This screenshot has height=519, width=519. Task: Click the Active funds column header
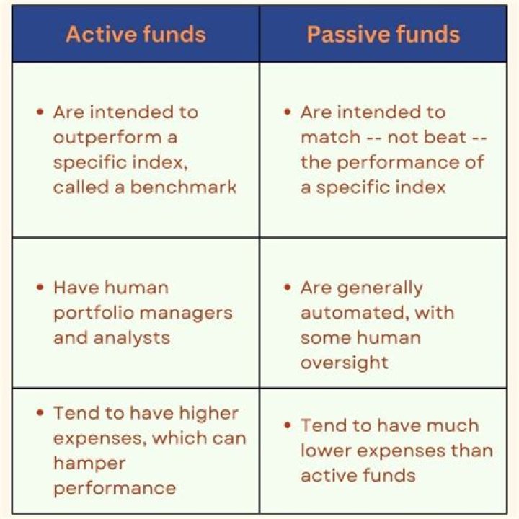pyautogui.click(x=136, y=34)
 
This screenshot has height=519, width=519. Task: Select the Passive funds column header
pyautogui.click(x=383, y=34)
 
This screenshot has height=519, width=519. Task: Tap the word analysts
pyautogui.click(x=136, y=337)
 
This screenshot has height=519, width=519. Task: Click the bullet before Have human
pyautogui.click(x=40, y=288)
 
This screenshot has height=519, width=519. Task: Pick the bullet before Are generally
pyautogui.click(x=287, y=288)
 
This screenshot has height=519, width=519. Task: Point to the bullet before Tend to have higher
pyautogui.click(x=40, y=414)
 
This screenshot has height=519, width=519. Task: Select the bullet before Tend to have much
pyautogui.click(x=287, y=426)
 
